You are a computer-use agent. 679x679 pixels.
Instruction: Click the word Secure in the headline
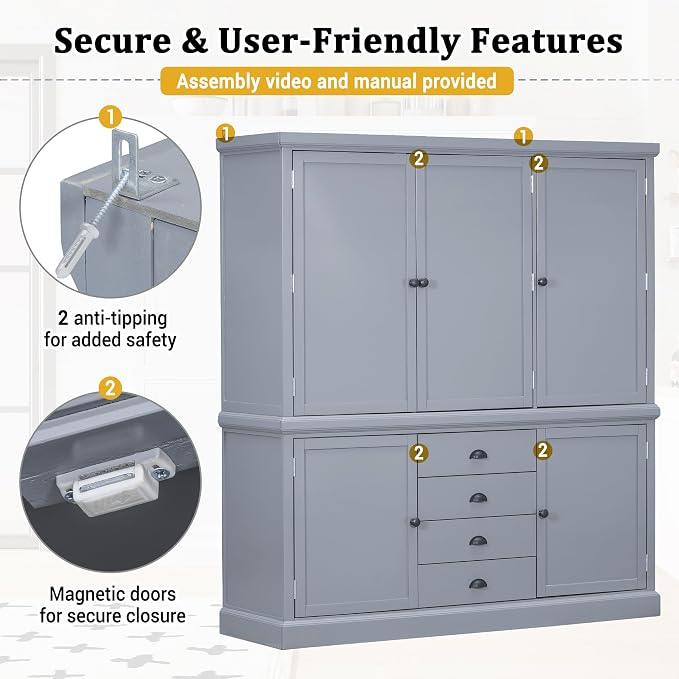[x=113, y=41]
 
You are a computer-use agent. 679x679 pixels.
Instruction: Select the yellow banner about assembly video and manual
[x=337, y=81]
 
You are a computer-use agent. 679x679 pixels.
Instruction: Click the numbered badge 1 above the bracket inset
[x=110, y=117]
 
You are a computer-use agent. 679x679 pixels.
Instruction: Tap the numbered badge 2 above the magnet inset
[x=110, y=388]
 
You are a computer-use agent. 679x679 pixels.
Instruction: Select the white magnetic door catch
[x=114, y=481]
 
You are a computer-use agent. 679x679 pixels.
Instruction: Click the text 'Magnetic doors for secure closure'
[x=113, y=605]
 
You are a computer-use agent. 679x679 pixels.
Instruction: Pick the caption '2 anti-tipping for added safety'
[x=110, y=329]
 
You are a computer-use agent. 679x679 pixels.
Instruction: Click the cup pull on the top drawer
[x=478, y=455]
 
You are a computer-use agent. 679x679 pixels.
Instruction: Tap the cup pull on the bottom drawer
[x=478, y=584]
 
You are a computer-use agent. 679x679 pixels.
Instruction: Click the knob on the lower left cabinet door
[x=415, y=522]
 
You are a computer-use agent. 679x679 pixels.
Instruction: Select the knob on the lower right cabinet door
[x=543, y=514]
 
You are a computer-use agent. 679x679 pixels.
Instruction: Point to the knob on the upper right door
[x=542, y=282]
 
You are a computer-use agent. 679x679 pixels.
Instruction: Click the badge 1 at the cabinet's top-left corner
[x=226, y=133]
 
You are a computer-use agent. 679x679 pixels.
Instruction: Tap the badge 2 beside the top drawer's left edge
[x=418, y=453]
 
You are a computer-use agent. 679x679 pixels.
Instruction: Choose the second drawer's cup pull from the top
[x=478, y=498]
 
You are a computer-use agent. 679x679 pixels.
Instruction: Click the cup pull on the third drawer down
[x=478, y=541]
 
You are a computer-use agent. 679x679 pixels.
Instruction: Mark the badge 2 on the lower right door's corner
[x=543, y=450]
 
